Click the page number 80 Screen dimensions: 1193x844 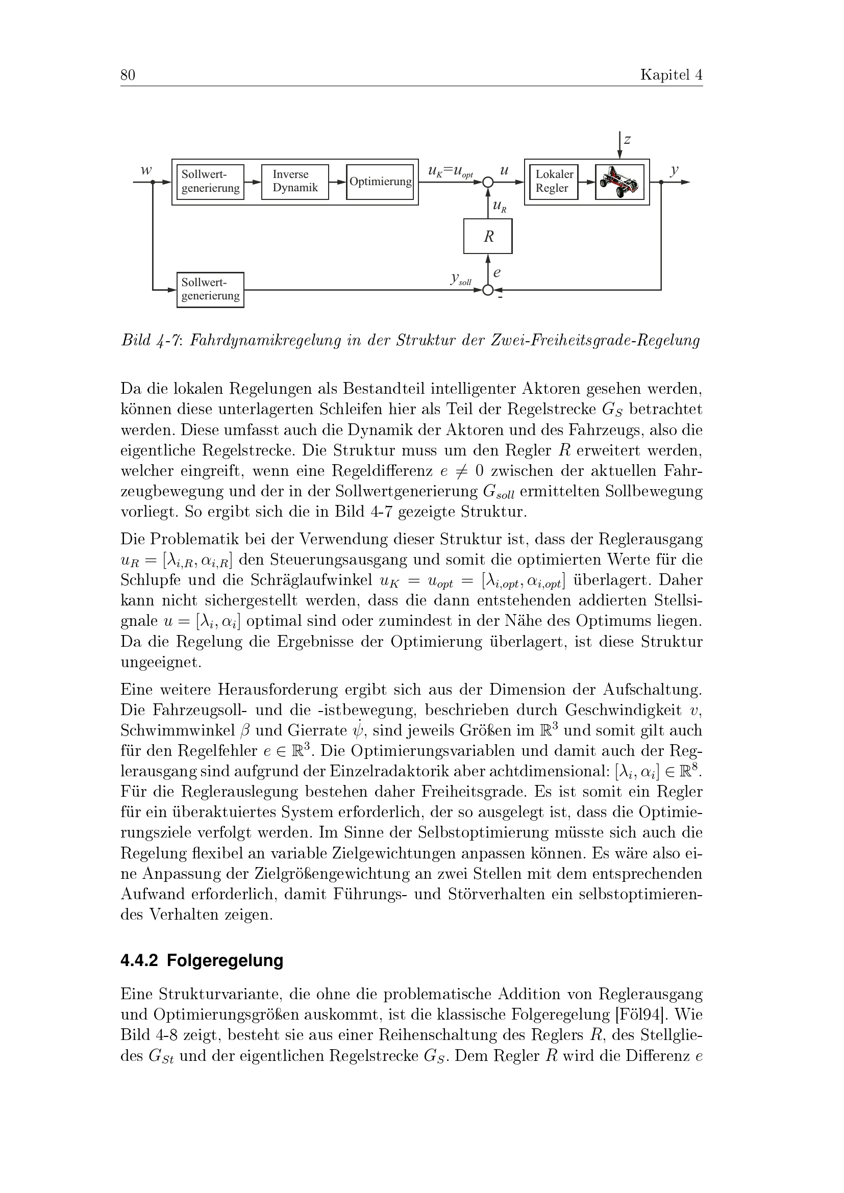coord(128,75)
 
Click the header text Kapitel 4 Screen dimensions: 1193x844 coord(671,75)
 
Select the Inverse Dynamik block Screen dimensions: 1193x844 coord(294,182)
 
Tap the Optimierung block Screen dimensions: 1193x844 coord(380,182)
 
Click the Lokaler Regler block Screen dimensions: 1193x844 coord(554,182)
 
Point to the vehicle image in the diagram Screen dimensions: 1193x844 coord(619,182)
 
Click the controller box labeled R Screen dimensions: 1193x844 coord(487,237)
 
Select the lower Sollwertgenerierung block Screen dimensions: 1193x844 coord(210,289)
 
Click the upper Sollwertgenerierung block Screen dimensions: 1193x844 coord(210,182)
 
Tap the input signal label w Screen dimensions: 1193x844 coord(146,170)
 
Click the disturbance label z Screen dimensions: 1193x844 coord(627,140)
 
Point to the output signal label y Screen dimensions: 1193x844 coord(674,170)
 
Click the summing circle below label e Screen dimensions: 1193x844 coord(487,290)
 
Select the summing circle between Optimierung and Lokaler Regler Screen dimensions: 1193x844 coord(487,183)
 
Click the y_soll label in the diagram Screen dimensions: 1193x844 coord(460,279)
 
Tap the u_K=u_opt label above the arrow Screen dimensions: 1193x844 coord(450,171)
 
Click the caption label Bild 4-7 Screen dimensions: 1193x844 coord(151,341)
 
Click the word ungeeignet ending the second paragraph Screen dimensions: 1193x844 coord(161,663)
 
